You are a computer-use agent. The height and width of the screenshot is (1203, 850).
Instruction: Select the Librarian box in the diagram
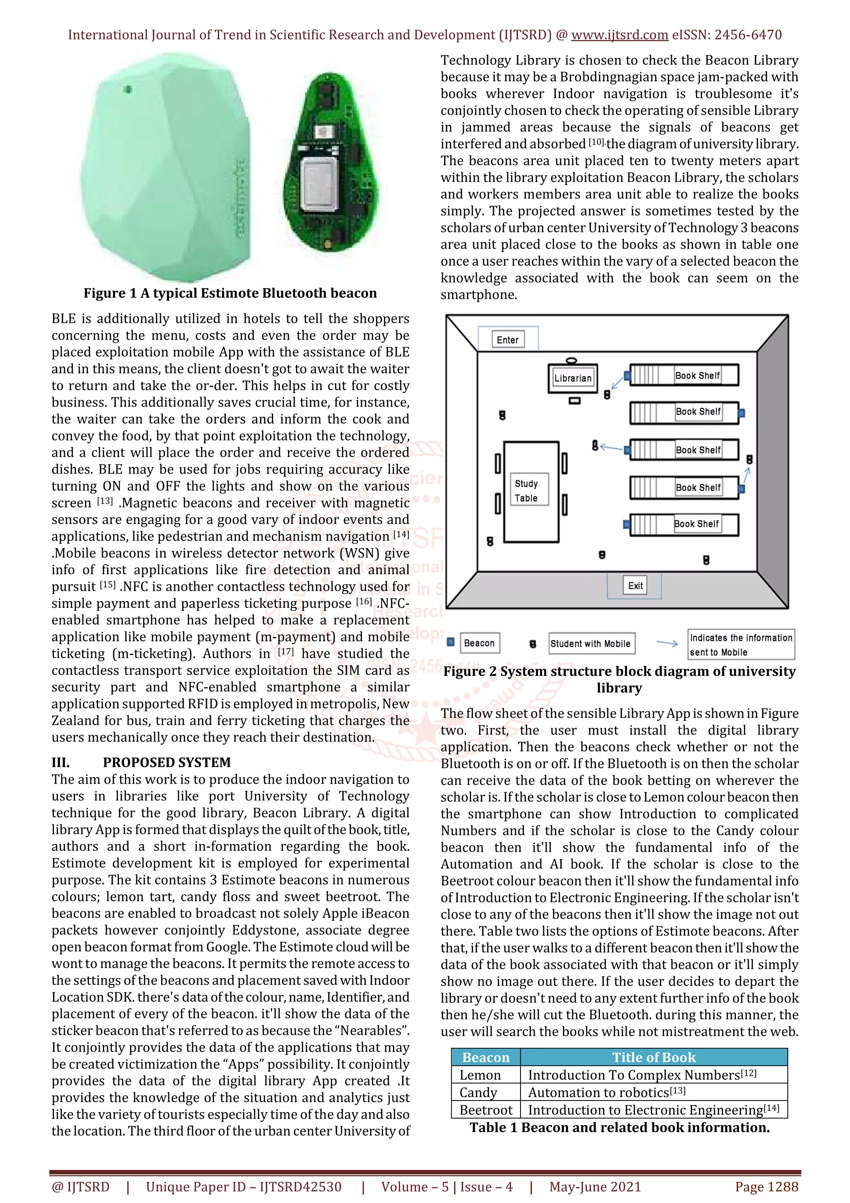[572, 378]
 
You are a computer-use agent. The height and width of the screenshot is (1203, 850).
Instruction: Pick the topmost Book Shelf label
[697, 375]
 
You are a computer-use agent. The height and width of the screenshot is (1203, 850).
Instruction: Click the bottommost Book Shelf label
[696, 523]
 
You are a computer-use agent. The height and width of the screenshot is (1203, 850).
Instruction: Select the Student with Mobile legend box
[590, 643]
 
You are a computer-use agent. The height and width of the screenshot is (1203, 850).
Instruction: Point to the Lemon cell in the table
[480, 1075]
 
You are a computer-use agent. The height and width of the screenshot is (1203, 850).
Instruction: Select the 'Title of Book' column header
[654, 1057]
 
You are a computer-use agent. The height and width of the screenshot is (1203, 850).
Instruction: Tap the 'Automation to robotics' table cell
[606, 1093]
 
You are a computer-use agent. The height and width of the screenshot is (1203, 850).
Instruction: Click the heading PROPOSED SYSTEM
[166, 762]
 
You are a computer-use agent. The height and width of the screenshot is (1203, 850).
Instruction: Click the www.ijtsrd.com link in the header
[619, 35]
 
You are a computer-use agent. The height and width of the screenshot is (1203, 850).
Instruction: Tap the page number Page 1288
[766, 1187]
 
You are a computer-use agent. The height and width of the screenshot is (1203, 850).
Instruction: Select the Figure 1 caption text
[230, 293]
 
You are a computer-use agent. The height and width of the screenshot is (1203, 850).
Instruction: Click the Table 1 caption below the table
[619, 1127]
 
